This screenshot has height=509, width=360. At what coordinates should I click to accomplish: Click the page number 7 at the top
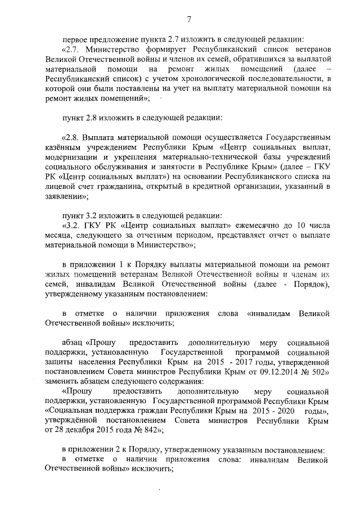pos(189,20)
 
